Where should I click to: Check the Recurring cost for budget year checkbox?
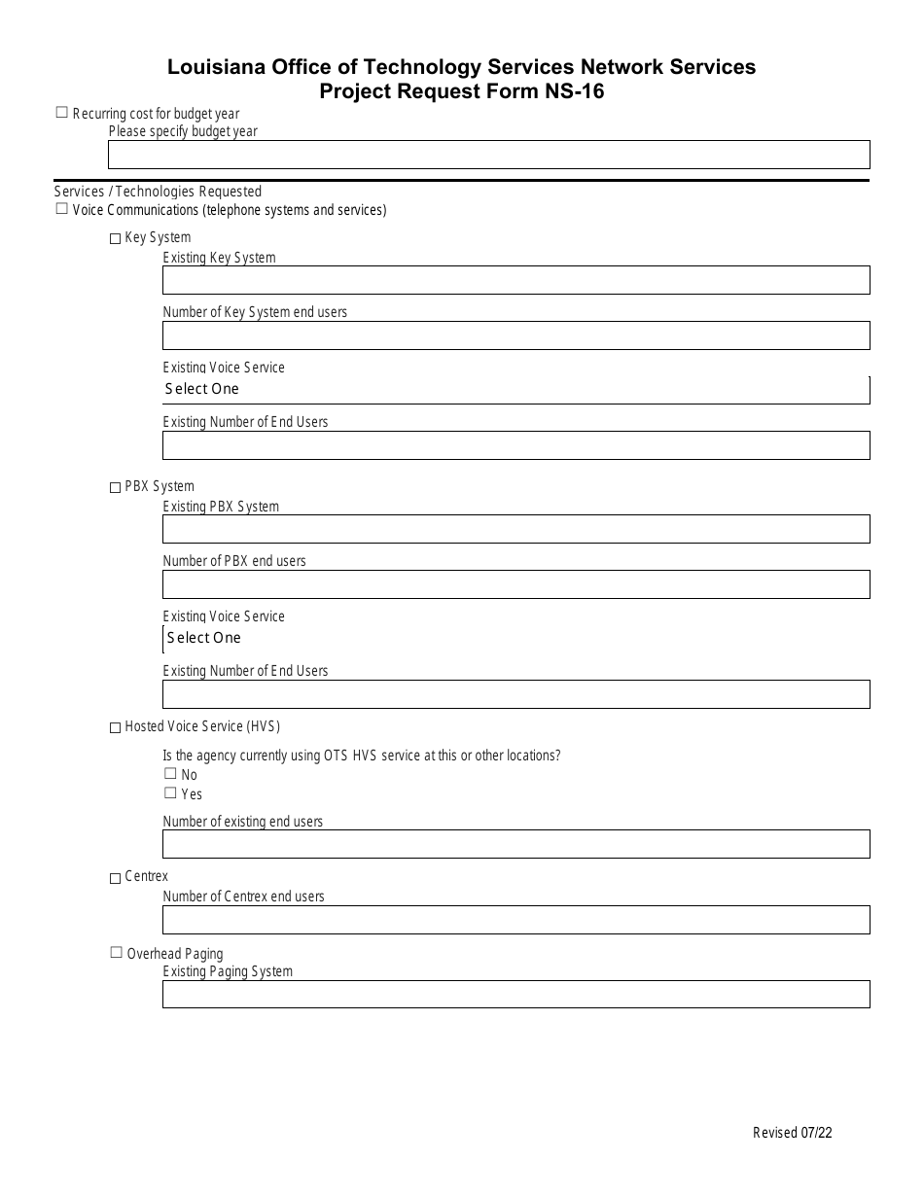point(62,113)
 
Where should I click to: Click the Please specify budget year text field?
point(488,155)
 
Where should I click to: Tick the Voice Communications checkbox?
point(62,208)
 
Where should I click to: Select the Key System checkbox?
point(116,238)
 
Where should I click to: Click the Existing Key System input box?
point(515,280)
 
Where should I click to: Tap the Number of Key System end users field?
point(515,335)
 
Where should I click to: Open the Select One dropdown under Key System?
point(515,389)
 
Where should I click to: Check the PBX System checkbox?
point(116,487)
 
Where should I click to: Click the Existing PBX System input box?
point(515,529)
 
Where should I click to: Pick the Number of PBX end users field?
point(515,584)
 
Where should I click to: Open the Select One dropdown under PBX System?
point(515,638)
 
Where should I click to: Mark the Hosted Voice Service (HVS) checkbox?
point(116,727)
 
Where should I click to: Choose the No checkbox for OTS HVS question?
point(170,774)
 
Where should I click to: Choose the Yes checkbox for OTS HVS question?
point(170,793)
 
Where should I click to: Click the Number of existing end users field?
point(515,844)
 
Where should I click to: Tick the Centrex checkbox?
point(116,878)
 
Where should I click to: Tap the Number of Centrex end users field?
point(515,919)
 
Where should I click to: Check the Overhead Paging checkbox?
point(116,953)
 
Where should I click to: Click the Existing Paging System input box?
point(515,994)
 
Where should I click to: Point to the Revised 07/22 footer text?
point(792,1132)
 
